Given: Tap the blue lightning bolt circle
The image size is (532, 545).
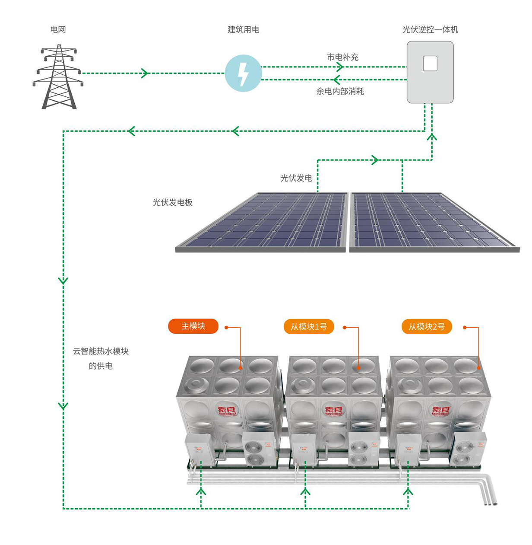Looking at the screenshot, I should (244, 73).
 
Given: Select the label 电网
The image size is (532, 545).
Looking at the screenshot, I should (58, 30).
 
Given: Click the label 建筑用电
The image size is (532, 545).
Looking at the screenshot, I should (244, 30).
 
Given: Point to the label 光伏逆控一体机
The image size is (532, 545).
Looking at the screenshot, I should (430, 30).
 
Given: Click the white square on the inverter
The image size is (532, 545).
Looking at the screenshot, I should (430, 64).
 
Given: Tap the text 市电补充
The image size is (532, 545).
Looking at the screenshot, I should (343, 57).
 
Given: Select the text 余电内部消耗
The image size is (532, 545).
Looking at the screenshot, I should (340, 91).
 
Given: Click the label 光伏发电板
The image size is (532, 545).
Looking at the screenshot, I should (173, 202).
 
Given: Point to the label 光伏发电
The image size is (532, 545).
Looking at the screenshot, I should (296, 178).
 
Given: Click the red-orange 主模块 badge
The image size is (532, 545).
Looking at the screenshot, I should (193, 326).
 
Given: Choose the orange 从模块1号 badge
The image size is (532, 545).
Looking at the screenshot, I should (309, 327).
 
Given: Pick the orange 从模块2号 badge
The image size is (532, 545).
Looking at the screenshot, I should (427, 327).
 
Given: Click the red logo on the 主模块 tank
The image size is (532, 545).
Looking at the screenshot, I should (227, 411).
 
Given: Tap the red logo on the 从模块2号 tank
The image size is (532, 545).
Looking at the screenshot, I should (440, 411).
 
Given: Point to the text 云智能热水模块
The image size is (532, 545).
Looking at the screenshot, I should (101, 351).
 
